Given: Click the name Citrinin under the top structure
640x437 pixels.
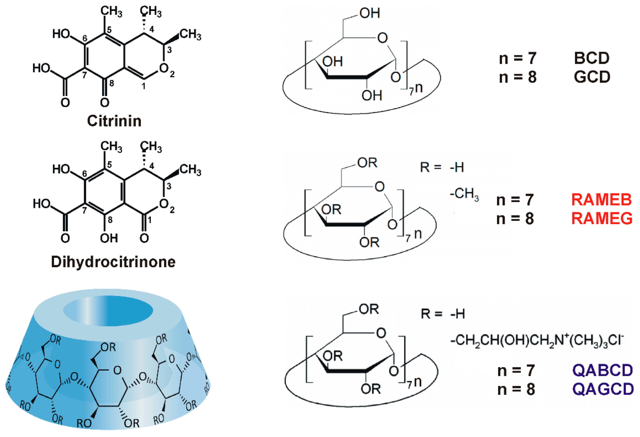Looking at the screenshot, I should click(114, 121).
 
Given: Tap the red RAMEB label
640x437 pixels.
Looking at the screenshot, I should click(601, 200).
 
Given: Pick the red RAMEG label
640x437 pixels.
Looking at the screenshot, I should click(602, 219).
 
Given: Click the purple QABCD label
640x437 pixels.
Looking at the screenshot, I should click(603, 370).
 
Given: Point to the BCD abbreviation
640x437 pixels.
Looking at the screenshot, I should click(592, 58).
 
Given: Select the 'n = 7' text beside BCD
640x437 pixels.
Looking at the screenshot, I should click(518, 58).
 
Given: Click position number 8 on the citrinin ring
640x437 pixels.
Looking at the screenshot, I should click(112, 83).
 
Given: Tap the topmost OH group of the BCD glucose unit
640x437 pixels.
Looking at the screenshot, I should click(370, 13).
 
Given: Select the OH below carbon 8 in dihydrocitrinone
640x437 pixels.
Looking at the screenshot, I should click(109, 238).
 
